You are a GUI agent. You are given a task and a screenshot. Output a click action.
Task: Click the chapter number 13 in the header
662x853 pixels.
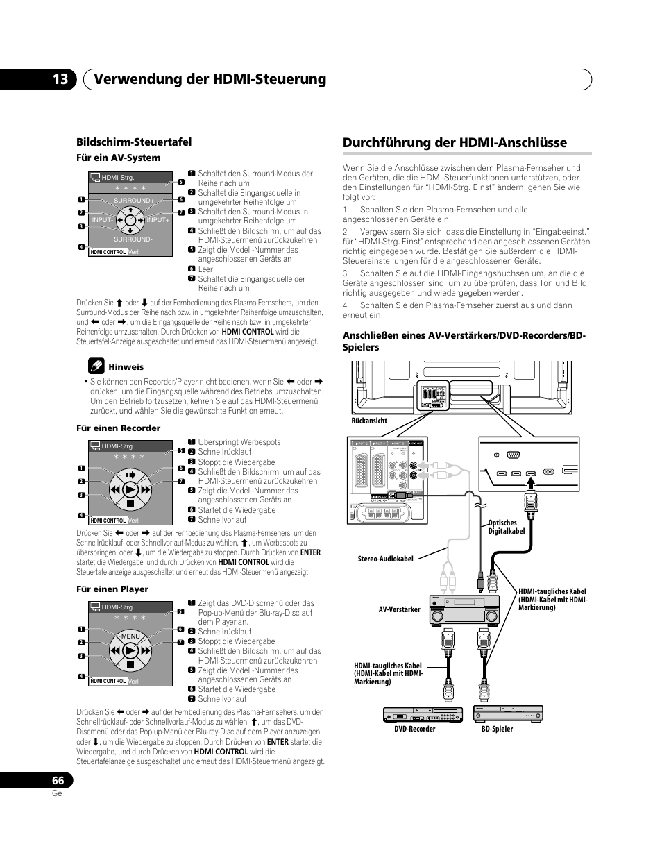click(60, 80)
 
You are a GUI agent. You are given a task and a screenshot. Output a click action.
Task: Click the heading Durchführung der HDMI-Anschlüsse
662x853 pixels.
click(455, 142)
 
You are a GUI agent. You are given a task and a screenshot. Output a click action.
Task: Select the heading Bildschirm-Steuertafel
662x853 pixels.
click(134, 142)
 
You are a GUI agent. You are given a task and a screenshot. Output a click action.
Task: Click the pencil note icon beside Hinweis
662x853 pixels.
click(96, 366)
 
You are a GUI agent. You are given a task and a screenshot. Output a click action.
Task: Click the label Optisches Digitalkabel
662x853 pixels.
click(506, 527)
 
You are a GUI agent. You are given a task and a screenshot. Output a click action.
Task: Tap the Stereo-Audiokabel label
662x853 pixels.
click(385, 559)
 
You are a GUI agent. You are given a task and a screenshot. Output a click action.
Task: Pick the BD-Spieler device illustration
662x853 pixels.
click(507, 713)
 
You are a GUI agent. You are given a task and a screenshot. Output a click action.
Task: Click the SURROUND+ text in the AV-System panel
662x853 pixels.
click(134, 201)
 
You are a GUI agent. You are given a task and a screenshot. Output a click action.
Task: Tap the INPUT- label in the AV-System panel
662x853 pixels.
click(103, 219)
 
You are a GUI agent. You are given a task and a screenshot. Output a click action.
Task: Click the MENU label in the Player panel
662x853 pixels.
click(130, 636)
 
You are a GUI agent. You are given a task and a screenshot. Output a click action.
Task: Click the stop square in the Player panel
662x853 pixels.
click(130, 664)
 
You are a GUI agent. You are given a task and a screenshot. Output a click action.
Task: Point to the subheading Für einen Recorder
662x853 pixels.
click(118, 428)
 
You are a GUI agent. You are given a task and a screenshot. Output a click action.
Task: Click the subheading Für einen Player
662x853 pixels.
click(112, 589)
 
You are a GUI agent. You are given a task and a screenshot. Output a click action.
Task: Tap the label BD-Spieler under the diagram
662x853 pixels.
click(497, 729)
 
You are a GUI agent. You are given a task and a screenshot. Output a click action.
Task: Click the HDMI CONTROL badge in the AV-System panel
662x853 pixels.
click(108, 252)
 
